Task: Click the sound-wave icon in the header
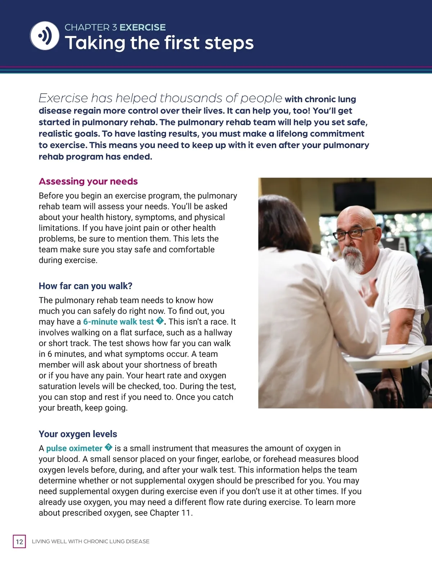click(45, 36)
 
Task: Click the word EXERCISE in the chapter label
click(143, 27)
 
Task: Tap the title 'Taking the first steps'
click(159, 43)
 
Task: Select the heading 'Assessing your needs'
click(88, 181)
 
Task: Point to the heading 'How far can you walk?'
click(86, 286)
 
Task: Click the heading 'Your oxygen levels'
click(78, 434)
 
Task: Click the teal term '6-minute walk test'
click(118, 322)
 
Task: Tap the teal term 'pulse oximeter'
click(74, 448)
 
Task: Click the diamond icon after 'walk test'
click(159, 321)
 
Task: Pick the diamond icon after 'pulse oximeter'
click(108, 448)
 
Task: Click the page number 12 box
click(19, 541)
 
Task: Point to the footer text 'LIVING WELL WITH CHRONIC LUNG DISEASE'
click(91, 541)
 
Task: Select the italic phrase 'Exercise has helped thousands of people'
click(160, 98)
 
